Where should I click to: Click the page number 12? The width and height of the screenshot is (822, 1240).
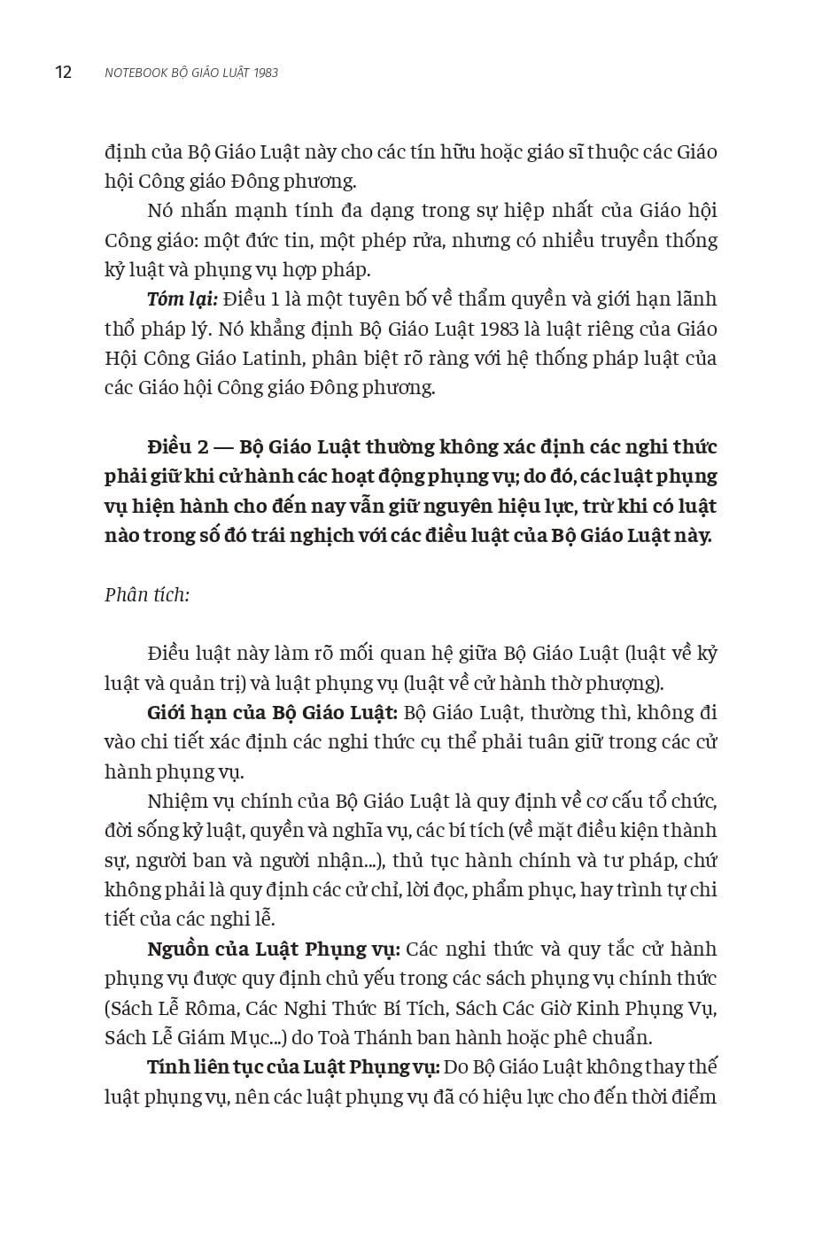(63, 73)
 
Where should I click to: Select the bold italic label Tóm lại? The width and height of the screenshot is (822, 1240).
(182, 299)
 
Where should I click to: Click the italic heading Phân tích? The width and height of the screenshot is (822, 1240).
(147, 595)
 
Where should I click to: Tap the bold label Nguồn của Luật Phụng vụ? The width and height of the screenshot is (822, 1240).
(274, 949)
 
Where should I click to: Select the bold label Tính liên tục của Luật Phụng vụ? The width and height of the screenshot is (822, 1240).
(293, 1067)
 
